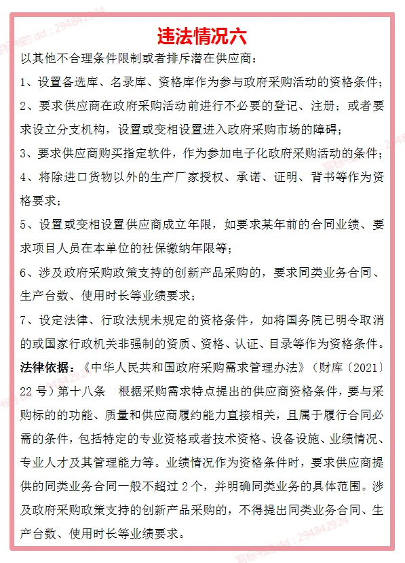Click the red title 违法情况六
pos(202,35)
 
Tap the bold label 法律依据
pos(47,368)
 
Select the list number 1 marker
pos(25,83)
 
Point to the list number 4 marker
pos(25,177)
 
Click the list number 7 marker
pos(25,319)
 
